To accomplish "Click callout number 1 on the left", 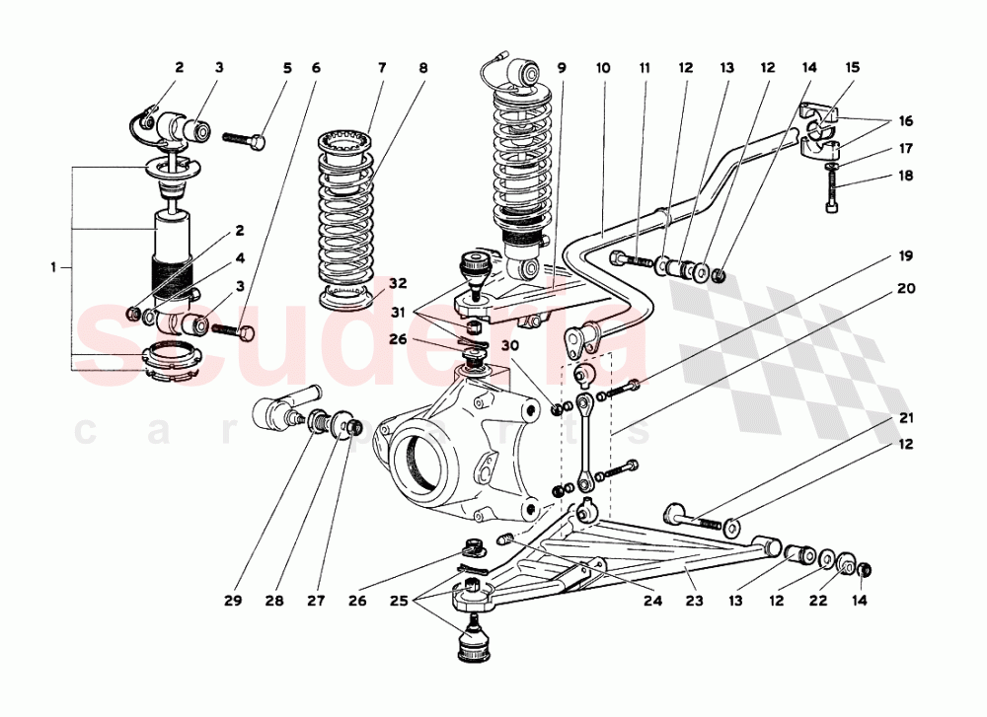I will [x=54, y=266].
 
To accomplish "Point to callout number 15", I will [x=853, y=68].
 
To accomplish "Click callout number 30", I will [x=510, y=346].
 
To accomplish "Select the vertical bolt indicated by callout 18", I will [x=831, y=191].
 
